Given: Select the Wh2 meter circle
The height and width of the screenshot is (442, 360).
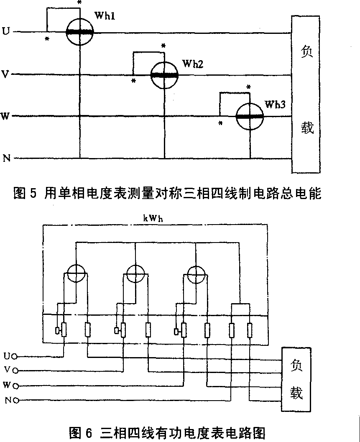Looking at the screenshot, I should (x=164, y=75).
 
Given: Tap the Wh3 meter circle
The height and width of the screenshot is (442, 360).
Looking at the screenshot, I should (x=250, y=117).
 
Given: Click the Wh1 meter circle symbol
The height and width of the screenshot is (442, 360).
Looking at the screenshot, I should (x=79, y=31).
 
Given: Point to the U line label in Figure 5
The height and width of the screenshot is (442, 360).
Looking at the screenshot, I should (x=5, y=31).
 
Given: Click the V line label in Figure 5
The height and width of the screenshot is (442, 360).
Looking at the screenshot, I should (x=5, y=74).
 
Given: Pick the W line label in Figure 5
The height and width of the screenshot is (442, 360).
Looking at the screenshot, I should (x=5, y=116).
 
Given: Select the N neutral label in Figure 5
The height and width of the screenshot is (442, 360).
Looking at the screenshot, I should (x=6, y=158).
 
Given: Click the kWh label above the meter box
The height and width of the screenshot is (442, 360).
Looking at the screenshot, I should (x=156, y=218).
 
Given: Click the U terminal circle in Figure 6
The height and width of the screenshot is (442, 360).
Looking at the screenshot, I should (x=15, y=357).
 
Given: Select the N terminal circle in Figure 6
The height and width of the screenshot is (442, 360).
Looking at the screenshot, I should (x=15, y=400).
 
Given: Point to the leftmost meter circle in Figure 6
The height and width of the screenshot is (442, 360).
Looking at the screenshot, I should (x=76, y=274).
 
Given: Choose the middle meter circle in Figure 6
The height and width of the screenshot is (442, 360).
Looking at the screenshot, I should (x=135, y=274).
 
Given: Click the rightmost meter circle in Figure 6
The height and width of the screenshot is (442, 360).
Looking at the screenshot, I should (x=196, y=274).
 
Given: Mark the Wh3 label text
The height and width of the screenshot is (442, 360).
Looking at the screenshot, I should (x=275, y=104).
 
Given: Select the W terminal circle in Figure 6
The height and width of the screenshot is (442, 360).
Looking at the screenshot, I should (x=15, y=386).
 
